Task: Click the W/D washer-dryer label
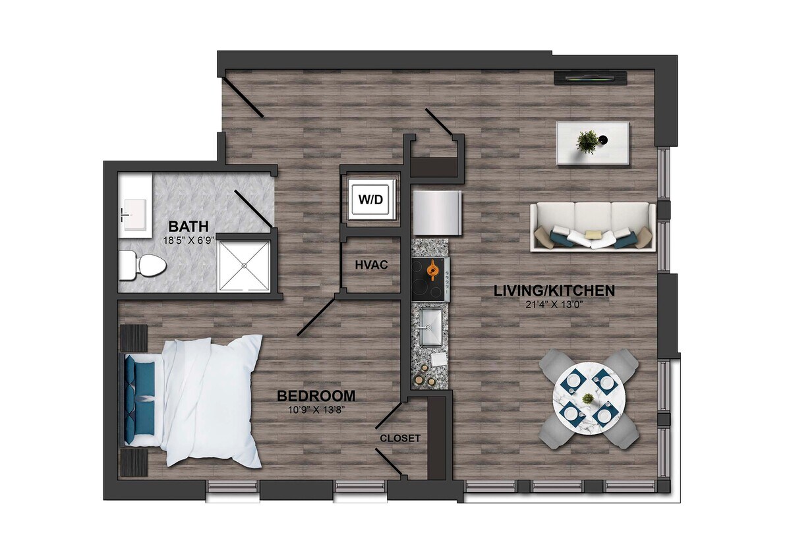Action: (370, 198)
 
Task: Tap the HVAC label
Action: (370, 265)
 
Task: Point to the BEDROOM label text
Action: (316, 396)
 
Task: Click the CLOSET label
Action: (399, 438)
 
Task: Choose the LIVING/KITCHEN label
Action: (554, 291)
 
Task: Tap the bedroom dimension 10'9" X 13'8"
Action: (316, 409)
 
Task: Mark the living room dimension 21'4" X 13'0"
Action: (554, 304)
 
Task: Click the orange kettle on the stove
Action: (432, 269)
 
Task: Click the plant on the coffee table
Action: (587, 141)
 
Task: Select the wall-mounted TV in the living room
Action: (590, 78)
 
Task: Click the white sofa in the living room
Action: (592, 226)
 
